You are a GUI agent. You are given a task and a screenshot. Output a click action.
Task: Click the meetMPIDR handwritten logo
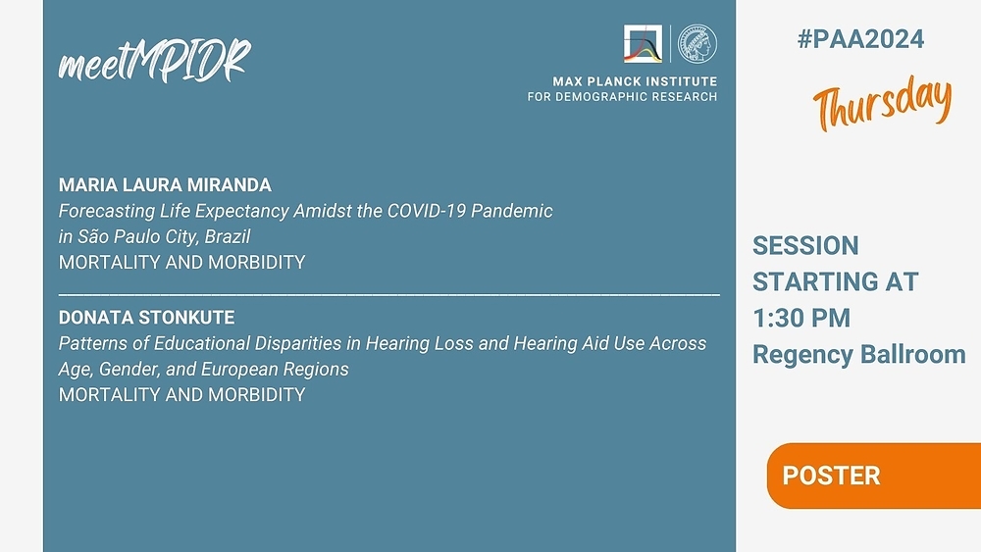pos(155,61)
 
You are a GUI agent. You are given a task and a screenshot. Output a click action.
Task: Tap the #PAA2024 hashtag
pos(860,39)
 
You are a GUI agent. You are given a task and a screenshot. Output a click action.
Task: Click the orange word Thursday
pos(882,103)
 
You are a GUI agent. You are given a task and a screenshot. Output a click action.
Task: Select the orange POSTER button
pos(873,476)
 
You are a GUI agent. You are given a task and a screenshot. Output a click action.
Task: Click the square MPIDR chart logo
pos(643,44)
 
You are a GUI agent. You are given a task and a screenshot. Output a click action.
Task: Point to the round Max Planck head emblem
pos(697,44)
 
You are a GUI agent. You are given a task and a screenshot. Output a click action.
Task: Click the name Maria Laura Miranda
pos(165,185)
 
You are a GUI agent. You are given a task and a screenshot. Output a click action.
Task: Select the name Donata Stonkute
pos(147,318)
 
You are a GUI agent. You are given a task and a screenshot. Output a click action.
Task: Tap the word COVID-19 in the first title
pos(426,211)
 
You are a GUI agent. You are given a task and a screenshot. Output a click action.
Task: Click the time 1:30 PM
pos(801,319)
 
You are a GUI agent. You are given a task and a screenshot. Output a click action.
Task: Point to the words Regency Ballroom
pos(859,355)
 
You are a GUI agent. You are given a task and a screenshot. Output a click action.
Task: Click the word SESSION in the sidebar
pos(805,246)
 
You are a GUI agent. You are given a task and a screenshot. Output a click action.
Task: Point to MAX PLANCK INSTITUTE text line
pos(635,81)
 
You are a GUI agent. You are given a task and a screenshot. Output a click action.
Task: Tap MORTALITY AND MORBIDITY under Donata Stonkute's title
pos(182,395)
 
